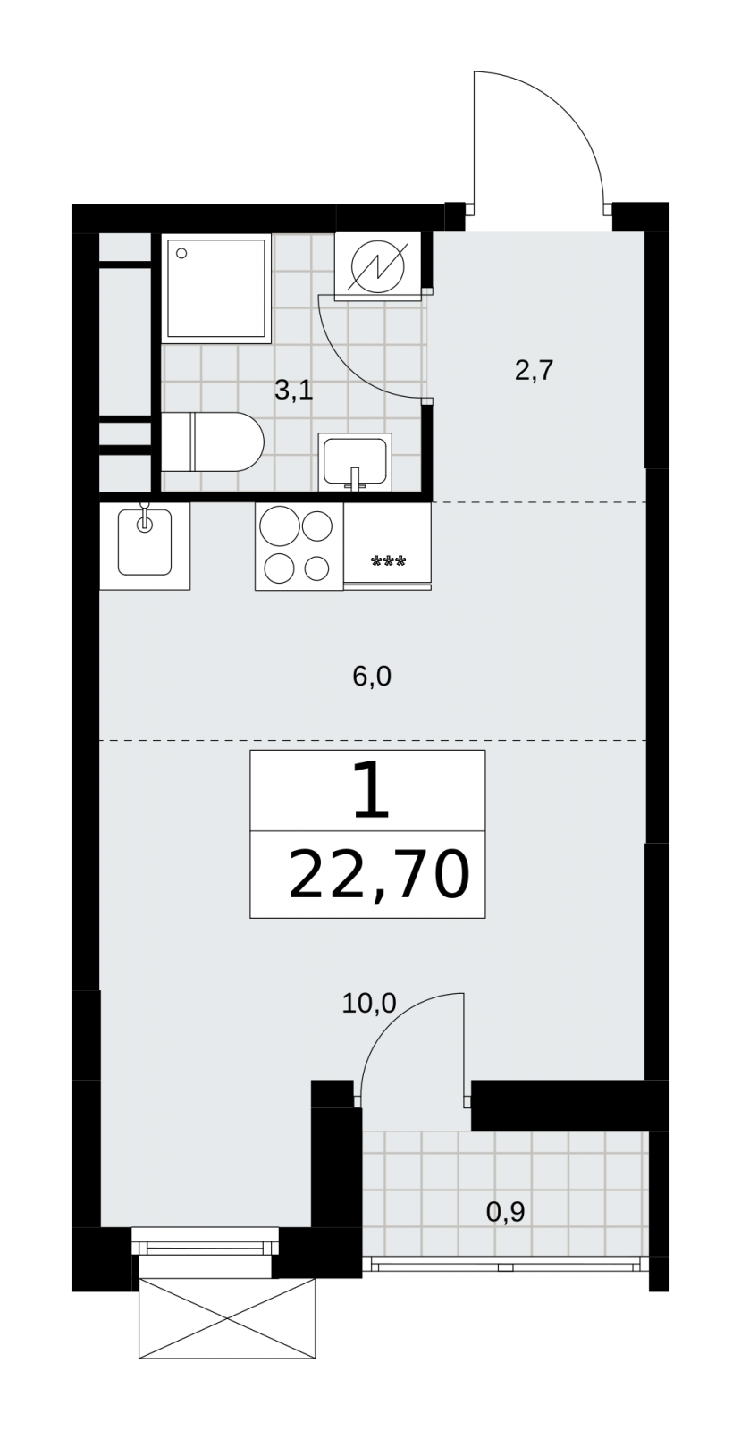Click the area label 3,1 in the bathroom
pos(293,390)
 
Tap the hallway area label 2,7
pos(534,370)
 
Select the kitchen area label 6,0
pos(372,676)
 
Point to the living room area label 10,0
pos(369,1003)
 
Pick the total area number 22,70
pos(379,875)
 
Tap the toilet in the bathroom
pos(213,442)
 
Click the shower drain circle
pos(181,254)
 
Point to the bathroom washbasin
pos(356,461)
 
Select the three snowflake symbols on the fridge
pos(389,561)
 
